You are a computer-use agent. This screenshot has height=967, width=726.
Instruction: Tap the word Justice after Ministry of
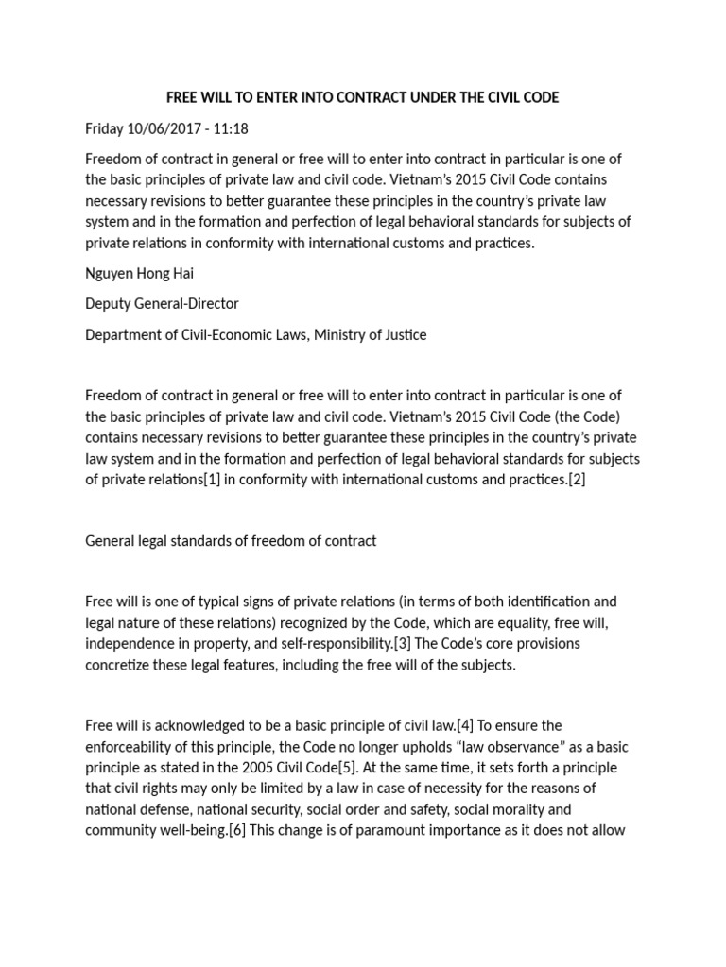click(x=403, y=334)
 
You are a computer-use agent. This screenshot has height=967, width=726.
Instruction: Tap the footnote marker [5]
click(x=354, y=767)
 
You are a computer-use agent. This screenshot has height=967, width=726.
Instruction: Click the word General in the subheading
click(x=112, y=541)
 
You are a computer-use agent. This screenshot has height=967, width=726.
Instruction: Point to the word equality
click(x=544, y=622)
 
